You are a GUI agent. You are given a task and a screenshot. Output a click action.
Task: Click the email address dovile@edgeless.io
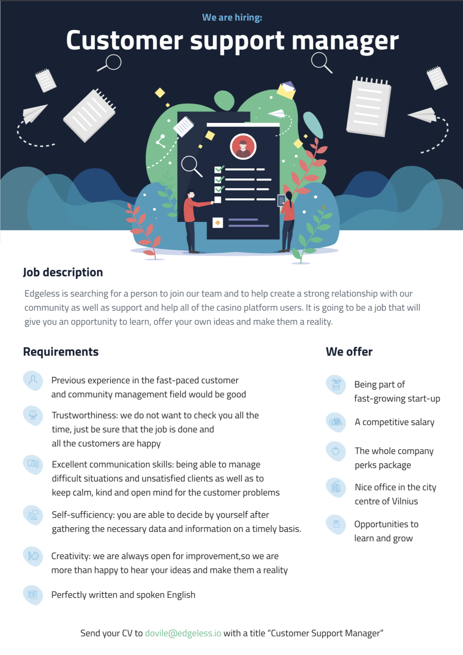183,633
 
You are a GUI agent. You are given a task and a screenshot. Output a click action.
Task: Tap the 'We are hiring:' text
232,18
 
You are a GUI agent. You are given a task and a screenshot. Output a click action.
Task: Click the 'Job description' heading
63,272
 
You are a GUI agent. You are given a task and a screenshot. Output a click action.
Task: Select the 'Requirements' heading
61,351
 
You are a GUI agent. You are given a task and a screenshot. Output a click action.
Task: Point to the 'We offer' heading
349,351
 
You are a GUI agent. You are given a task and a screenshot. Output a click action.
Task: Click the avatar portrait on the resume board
243,146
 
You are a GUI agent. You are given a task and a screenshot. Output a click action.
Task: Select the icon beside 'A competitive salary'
336,422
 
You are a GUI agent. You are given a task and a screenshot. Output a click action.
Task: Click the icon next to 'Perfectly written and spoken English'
33,595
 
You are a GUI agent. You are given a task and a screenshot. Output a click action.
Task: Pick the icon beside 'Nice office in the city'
336,487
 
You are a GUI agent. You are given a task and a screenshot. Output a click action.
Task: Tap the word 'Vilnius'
405,501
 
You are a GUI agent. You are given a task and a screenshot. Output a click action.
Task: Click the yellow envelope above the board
286,90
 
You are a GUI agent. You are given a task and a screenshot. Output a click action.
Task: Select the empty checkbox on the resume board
218,200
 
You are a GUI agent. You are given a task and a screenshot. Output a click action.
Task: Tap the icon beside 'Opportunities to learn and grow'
336,524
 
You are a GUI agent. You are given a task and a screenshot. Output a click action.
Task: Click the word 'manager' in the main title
345,41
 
